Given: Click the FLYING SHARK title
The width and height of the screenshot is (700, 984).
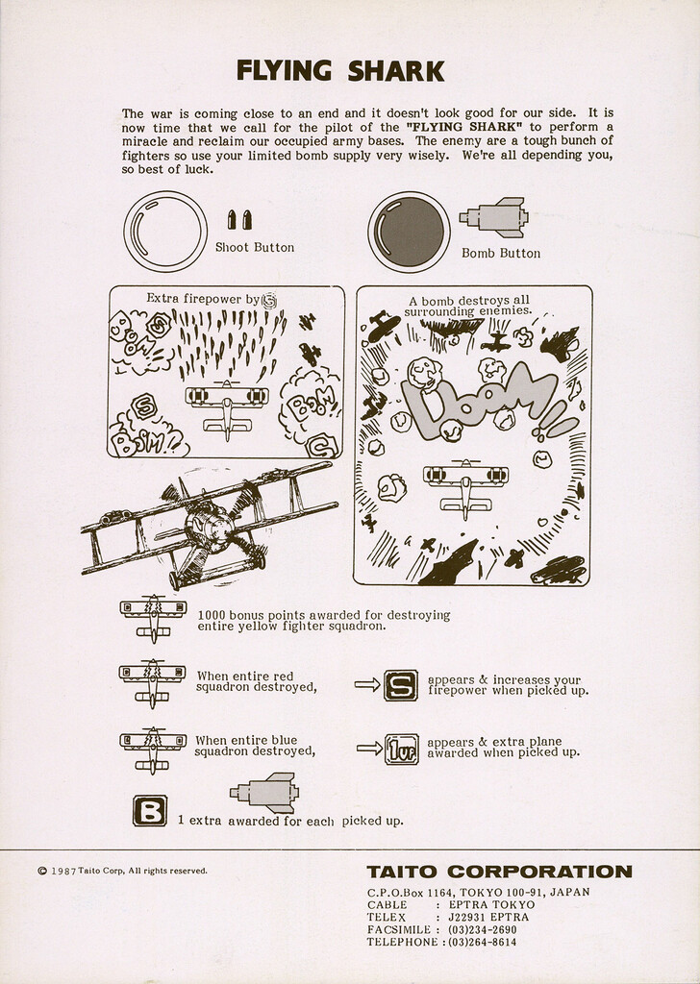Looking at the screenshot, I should click(x=340, y=71).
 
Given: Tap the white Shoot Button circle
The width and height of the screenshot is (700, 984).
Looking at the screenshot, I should click(x=164, y=232).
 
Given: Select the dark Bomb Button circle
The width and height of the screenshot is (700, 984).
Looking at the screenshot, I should click(x=409, y=232).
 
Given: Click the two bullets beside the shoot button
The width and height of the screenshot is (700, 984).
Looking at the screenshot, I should click(x=238, y=220).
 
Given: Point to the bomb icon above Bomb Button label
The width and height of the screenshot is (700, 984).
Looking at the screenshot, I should click(x=494, y=217).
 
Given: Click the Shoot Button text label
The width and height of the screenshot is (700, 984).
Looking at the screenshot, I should click(x=254, y=247).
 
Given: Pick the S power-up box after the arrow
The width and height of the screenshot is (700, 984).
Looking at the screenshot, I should click(x=400, y=684).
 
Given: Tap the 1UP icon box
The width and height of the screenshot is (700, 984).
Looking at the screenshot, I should click(x=401, y=748).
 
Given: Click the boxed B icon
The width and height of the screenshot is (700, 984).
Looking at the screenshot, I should click(x=149, y=811).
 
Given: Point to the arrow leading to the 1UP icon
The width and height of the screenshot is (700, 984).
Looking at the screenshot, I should click(x=368, y=748).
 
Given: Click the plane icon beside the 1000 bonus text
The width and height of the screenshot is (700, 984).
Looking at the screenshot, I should click(x=153, y=616).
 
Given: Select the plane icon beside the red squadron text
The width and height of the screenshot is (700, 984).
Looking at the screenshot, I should click(x=152, y=680).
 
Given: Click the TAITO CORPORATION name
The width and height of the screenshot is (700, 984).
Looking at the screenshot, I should click(x=499, y=873).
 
